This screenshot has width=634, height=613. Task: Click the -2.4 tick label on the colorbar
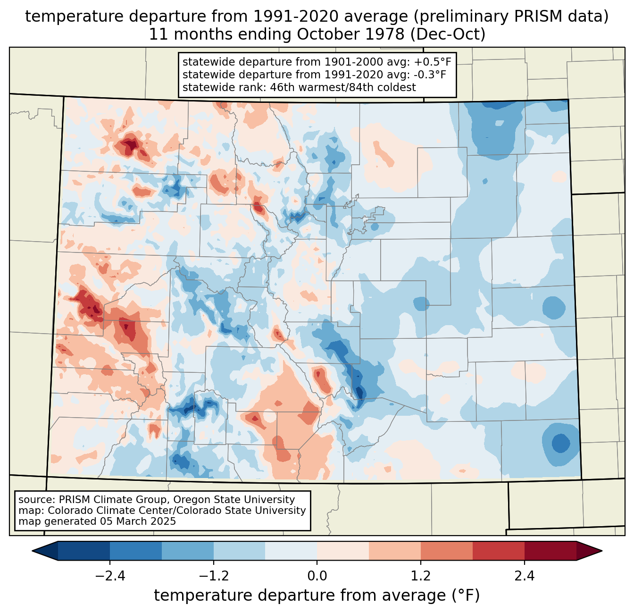(109, 576)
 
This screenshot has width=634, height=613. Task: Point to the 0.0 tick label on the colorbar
(317, 576)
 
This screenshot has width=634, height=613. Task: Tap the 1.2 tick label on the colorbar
(421, 576)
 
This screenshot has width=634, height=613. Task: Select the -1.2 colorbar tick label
(213, 576)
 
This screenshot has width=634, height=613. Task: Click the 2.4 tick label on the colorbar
(524, 576)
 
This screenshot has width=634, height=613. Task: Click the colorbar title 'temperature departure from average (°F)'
(317, 596)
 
